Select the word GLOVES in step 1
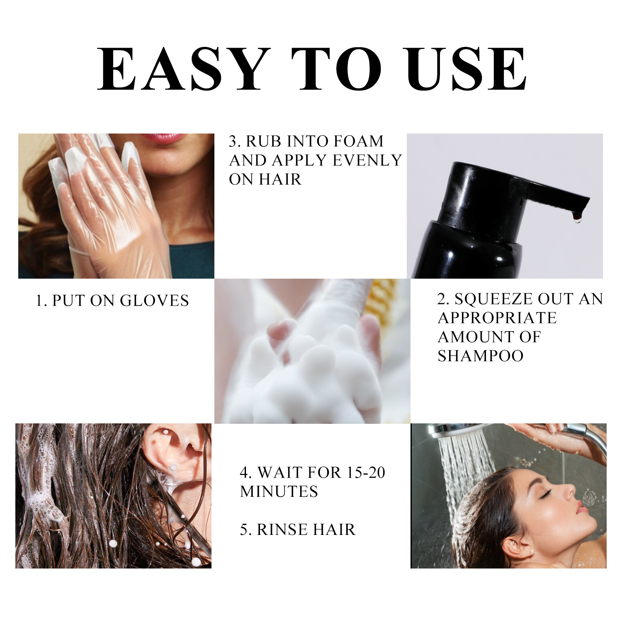coord(155,301)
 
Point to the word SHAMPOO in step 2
coord(481,356)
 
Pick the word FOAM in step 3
coord(359,141)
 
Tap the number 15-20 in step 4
coord(366,472)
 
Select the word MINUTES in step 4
coord(279,491)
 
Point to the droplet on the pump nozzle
coord(577,217)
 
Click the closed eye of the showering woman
coord(544,492)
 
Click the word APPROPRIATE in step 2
coord(497,318)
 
